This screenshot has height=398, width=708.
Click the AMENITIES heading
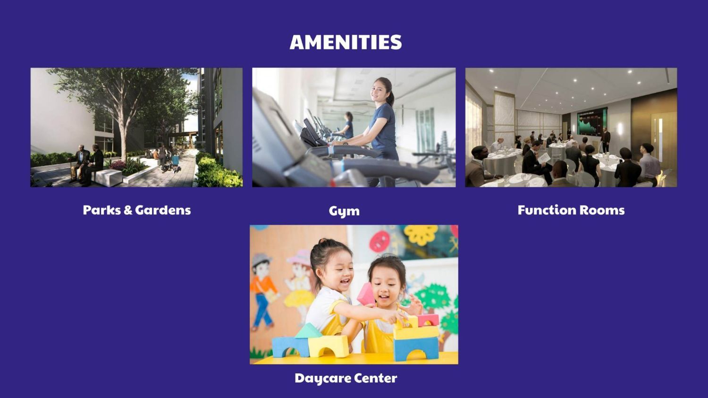click(x=346, y=42)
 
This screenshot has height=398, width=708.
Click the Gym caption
click(x=344, y=211)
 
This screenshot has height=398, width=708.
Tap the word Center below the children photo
click(x=376, y=378)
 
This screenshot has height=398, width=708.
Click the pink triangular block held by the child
click(x=366, y=295)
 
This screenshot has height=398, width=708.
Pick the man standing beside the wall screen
click(x=606, y=140)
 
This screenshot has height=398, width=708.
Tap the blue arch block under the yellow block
click(x=416, y=349)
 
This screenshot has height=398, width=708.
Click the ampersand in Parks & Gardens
click(x=128, y=210)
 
